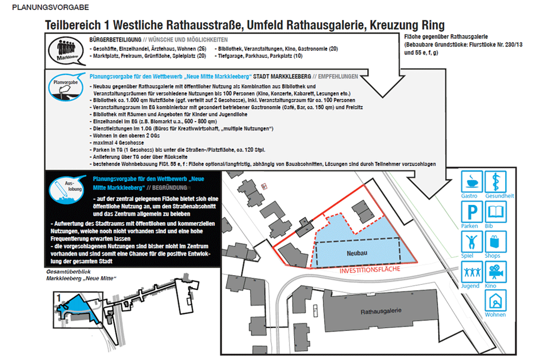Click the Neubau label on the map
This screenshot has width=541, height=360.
point(358,252)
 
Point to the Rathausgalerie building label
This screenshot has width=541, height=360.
point(385,312)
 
